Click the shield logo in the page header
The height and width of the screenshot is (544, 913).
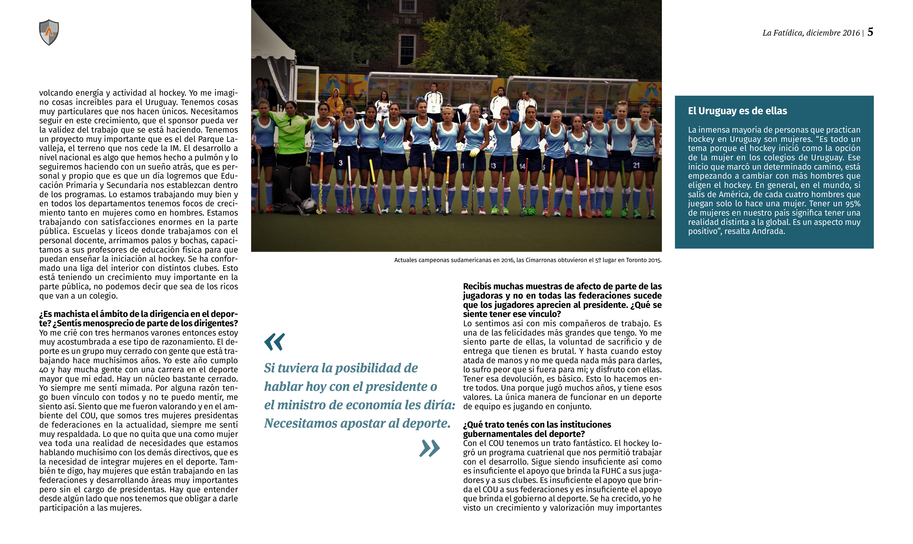tap(49, 32)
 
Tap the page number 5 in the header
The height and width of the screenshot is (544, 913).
tap(870, 32)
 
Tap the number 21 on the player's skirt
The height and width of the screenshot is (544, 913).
tap(636, 165)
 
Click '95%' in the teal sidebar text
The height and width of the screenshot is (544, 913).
tap(851, 204)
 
